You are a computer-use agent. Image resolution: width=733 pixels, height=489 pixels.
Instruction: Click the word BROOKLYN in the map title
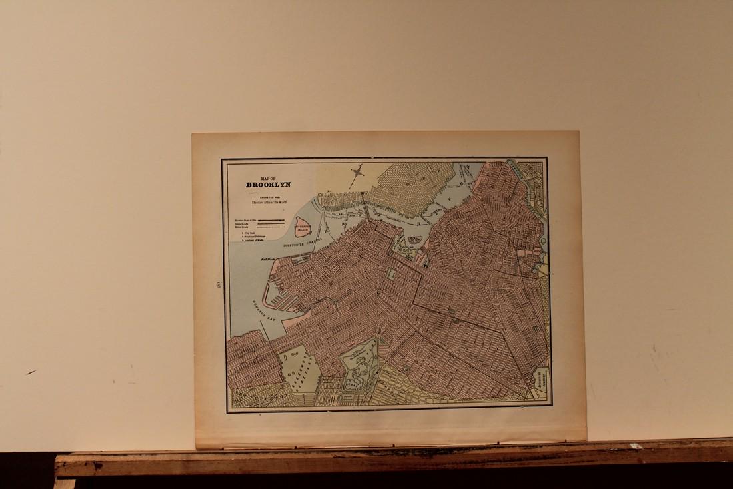(268, 185)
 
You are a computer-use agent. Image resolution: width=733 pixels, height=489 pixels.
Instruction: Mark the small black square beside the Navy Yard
(424, 266)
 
